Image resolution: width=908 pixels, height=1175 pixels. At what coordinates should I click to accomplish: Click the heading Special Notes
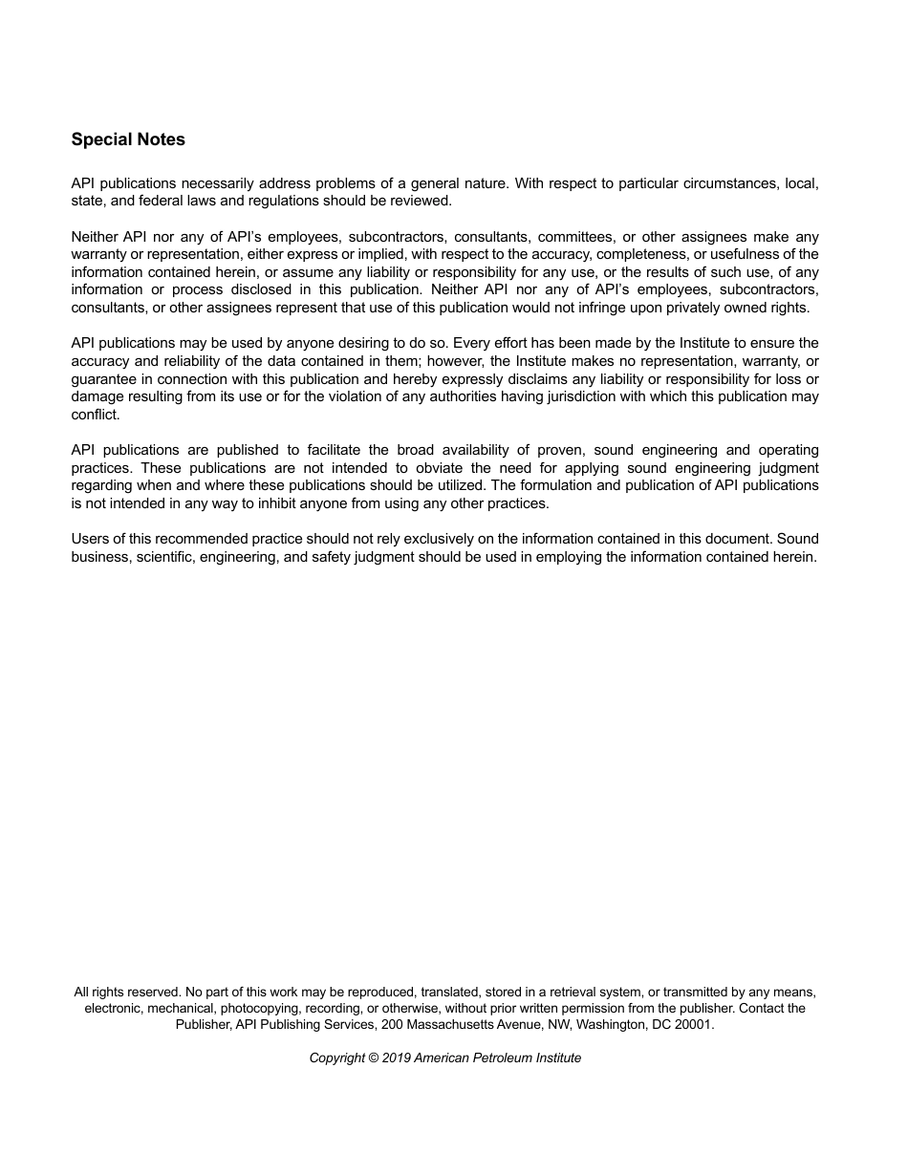(128, 139)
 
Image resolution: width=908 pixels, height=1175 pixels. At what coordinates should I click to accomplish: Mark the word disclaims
(530, 378)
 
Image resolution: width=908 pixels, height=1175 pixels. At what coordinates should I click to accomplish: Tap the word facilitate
(338, 450)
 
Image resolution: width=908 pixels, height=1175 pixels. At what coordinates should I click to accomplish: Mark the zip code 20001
(692, 1024)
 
